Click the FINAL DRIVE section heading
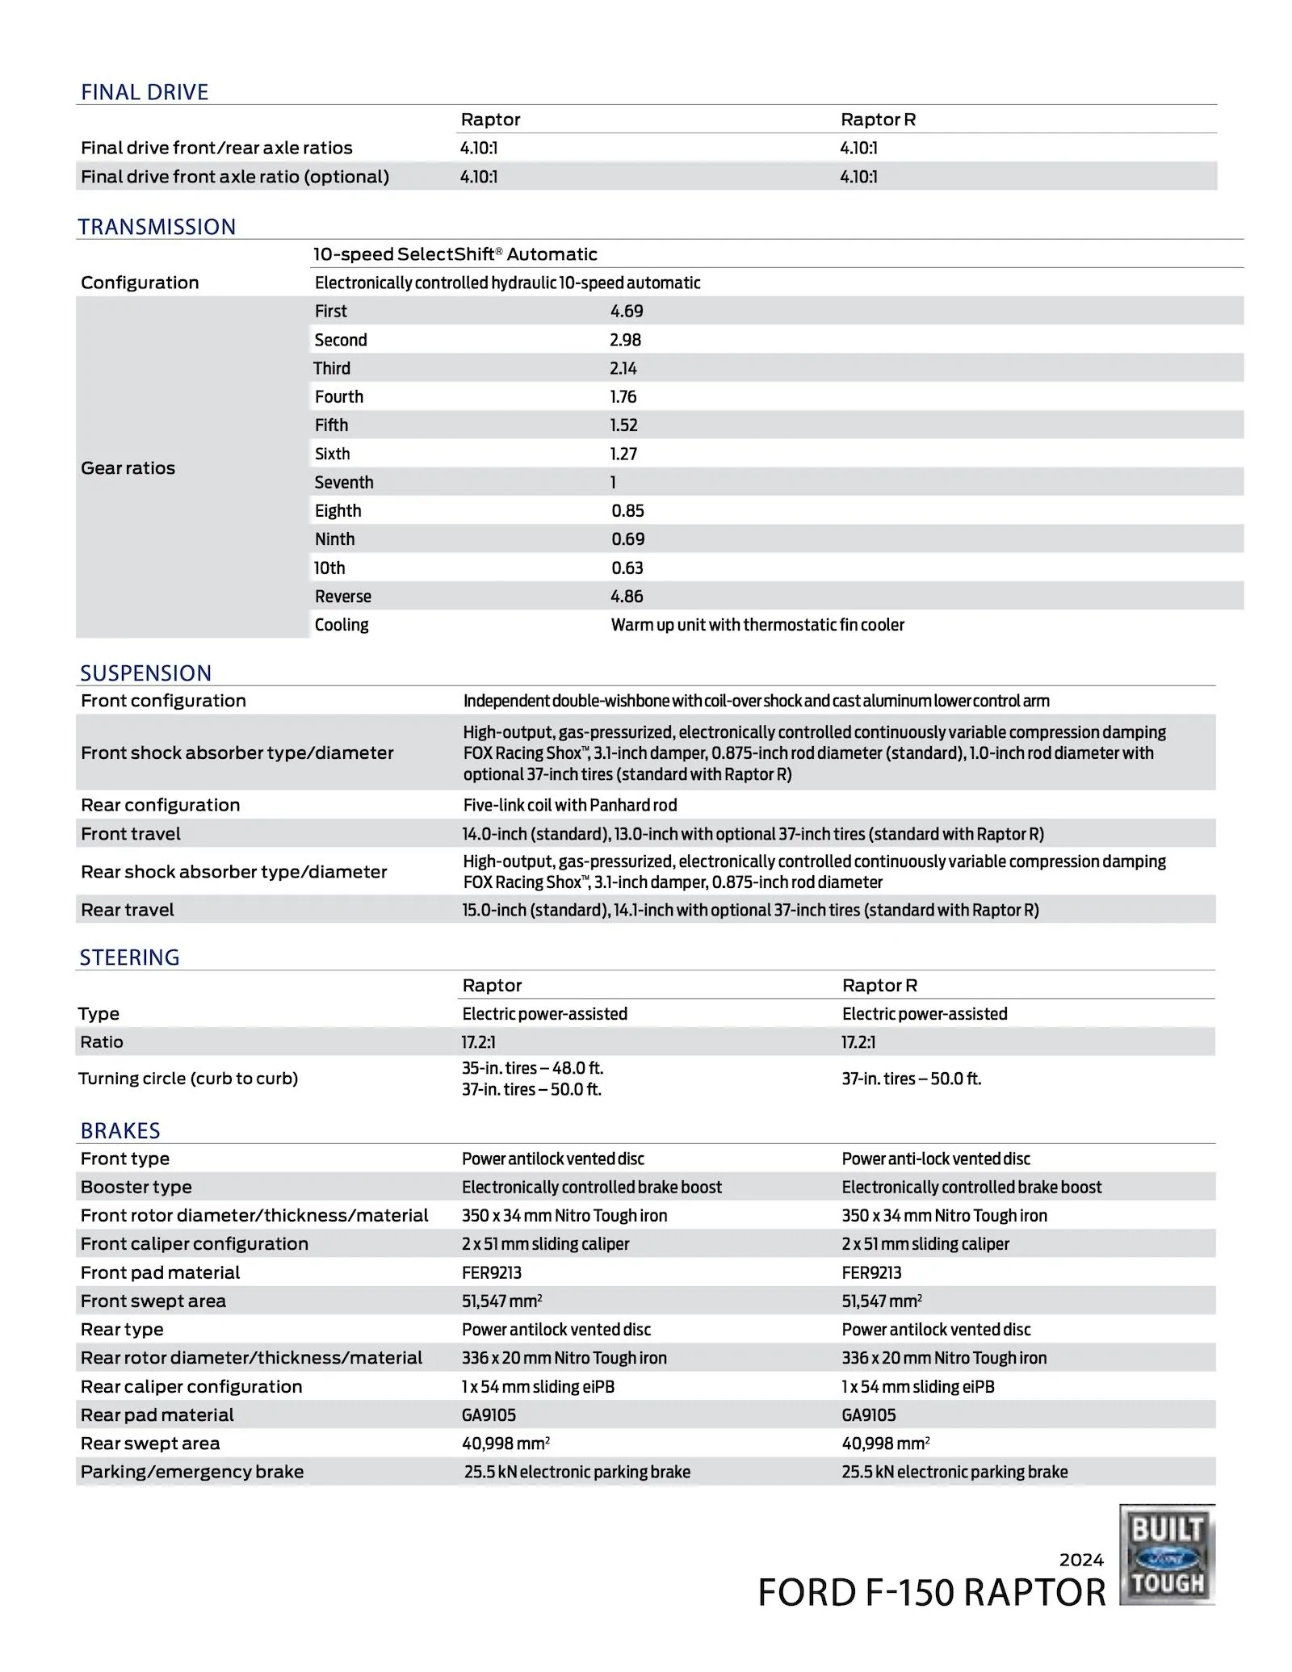[x=145, y=92]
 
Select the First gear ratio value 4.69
[x=627, y=311]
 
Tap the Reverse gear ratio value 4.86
[x=627, y=597]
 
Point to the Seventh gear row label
[x=344, y=483]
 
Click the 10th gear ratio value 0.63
[x=627, y=568]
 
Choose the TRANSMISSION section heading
[x=157, y=227]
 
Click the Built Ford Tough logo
[x=1167, y=1554]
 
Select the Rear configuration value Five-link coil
[x=569, y=805]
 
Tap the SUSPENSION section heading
[x=145, y=673]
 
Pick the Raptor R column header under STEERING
[x=879, y=985]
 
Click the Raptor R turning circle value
[x=911, y=1079]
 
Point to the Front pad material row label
[x=160, y=1272]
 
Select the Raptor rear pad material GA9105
[x=489, y=1414]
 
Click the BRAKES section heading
[x=120, y=1130]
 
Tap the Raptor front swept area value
[x=501, y=1301]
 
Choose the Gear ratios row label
[x=128, y=468]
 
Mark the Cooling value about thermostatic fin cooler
[x=757, y=625]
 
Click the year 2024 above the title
[x=1080, y=1560]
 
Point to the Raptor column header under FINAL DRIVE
[x=490, y=119]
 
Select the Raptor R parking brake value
[x=954, y=1472]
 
